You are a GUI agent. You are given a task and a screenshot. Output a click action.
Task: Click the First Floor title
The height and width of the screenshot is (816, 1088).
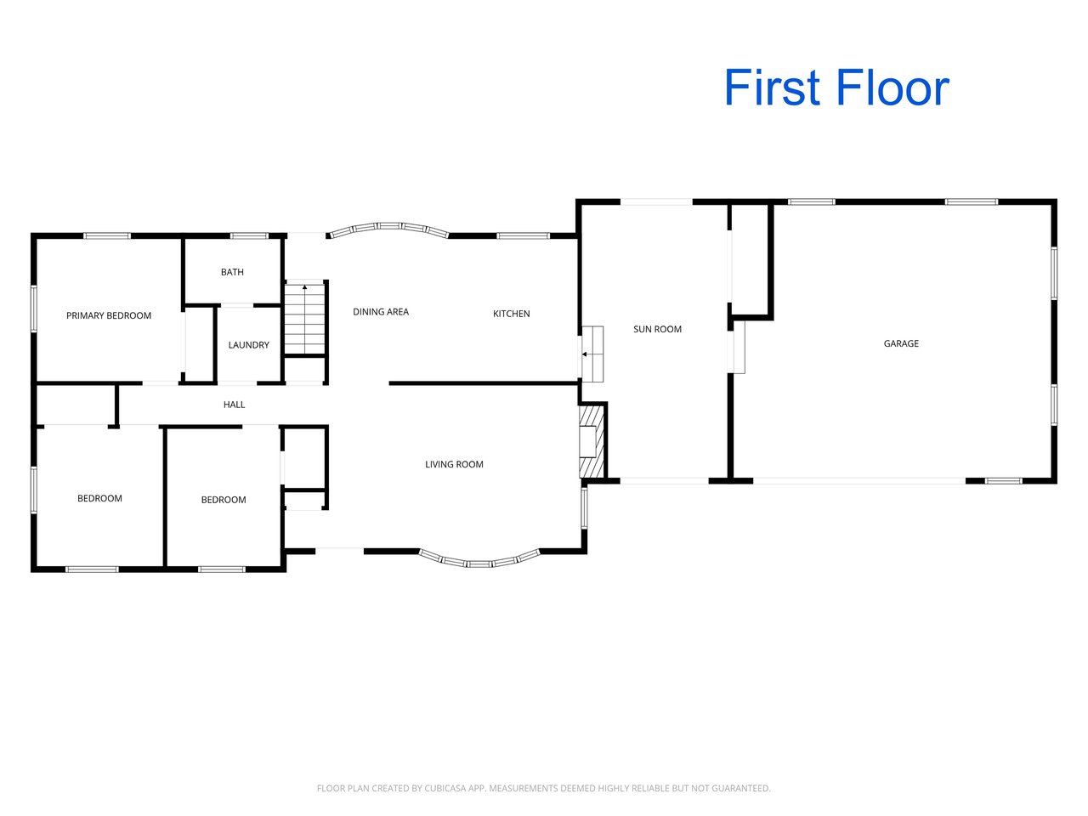tap(836, 88)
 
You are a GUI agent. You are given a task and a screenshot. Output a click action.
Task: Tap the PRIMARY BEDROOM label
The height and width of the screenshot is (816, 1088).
tap(109, 315)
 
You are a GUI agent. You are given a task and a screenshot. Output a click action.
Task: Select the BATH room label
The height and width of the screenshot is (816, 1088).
tap(232, 272)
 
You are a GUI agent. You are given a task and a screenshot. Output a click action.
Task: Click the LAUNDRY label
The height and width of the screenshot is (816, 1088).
tap(248, 345)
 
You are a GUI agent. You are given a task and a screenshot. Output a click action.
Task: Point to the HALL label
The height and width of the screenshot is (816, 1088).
tap(234, 405)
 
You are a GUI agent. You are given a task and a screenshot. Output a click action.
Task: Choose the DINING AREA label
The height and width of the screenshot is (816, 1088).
tap(381, 312)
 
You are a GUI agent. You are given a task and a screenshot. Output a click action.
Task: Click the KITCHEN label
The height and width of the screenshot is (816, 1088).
tap(511, 314)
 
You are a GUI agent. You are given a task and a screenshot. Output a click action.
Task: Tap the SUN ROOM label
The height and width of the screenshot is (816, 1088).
tap(657, 329)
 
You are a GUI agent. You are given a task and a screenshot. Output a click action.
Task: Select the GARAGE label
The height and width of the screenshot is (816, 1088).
tap(901, 343)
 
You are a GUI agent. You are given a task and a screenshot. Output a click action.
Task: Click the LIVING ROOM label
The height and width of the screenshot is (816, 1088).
tap(454, 464)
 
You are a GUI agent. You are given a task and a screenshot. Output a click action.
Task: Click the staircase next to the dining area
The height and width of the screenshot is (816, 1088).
tap(304, 318)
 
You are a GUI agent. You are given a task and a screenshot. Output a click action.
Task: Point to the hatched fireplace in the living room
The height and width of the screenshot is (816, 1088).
tap(592, 442)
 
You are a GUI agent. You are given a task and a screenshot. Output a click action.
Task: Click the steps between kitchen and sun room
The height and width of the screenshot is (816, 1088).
tap(592, 354)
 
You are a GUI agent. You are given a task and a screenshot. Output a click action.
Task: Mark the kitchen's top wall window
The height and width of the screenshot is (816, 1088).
tap(523, 235)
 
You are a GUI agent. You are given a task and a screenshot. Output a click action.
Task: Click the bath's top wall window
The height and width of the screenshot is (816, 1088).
tap(249, 235)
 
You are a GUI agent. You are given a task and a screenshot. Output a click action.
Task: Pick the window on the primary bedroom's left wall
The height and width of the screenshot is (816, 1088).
tap(34, 309)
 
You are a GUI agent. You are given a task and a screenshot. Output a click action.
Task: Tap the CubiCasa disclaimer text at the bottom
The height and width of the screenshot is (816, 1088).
tap(544, 788)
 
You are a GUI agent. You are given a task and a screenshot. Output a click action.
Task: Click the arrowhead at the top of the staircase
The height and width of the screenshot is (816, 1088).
tap(304, 286)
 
